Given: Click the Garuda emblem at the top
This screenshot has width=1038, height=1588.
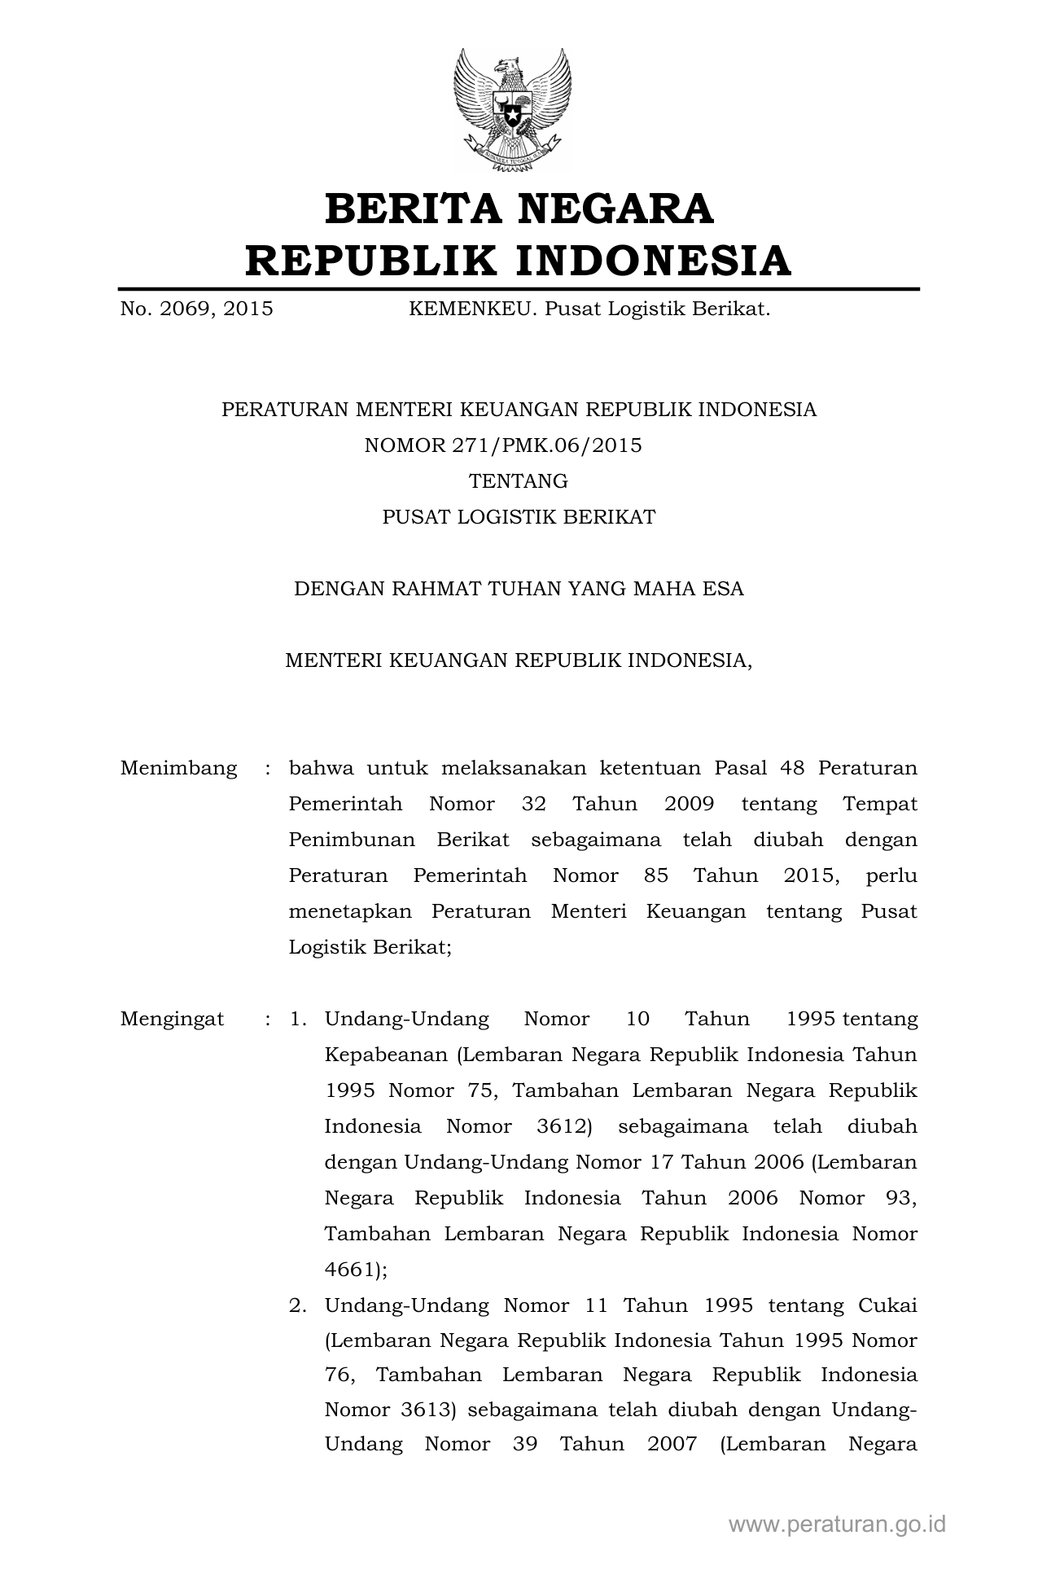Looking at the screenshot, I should click(x=519, y=108).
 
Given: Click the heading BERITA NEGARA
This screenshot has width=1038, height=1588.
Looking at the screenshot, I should click(x=519, y=208).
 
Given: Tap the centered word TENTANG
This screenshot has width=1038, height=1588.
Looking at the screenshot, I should click(x=519, y=481).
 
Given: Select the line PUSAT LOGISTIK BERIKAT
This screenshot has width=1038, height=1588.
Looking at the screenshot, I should click(x=519, y=517).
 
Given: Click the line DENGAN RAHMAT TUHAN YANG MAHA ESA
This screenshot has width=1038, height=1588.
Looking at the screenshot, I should click(x=519, y=589).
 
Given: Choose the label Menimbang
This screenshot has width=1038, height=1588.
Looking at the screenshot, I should click(x=178, y=768).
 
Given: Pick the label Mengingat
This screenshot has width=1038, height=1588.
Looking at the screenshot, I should click(x=172, y=1019).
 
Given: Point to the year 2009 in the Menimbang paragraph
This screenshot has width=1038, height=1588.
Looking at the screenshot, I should click(x=689, y=804).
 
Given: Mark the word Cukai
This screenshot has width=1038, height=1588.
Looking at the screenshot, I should click(x=887, y=1305).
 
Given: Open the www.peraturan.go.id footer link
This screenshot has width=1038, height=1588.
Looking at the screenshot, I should click(x=837, y=1524).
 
